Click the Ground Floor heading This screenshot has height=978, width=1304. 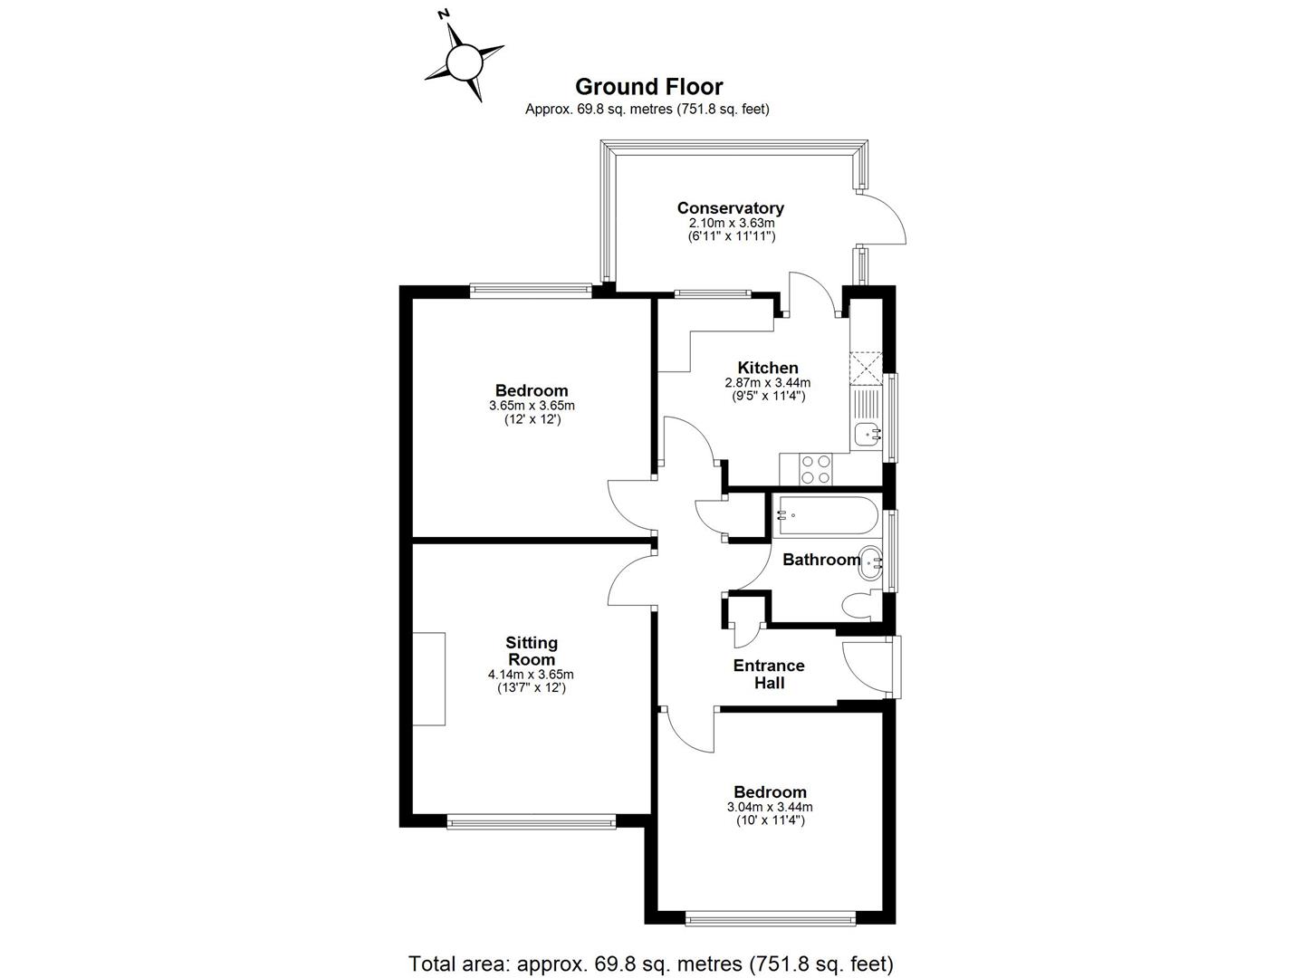click(x=648, y=87)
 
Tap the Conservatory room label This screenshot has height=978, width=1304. click(x=730, y=208)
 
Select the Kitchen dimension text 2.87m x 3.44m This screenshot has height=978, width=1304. click(x=768, y=383)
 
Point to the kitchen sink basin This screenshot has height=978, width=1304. click(x=869, y=435)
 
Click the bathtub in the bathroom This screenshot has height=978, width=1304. click(x=826, y=515)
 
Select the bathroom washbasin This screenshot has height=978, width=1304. click(x=871, y=563)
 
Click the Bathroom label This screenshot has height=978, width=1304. click(x=820, y=560)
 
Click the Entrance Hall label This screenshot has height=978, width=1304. click(x=769, y=674)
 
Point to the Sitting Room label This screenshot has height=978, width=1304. click(x=532, y=651)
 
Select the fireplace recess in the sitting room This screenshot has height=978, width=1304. click(x=429, y=678)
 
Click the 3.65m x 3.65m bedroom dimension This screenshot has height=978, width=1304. click(x=532, y=406)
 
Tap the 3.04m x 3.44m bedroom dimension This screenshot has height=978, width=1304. click(x=770, y=807)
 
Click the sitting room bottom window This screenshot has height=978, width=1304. click(x=532, y=821)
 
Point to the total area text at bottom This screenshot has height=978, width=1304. click(x=651, y=963)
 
